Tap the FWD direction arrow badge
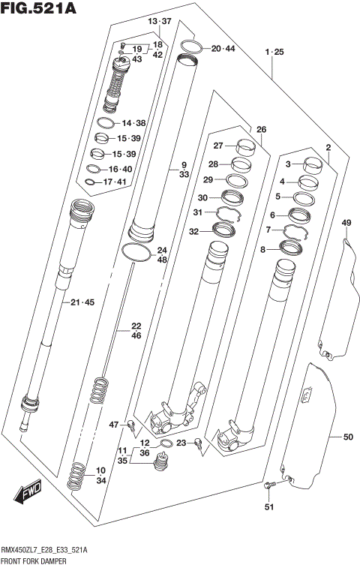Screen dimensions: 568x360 (28, 494)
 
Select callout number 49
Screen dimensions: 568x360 (346, 223)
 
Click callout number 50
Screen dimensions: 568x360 (347, 437)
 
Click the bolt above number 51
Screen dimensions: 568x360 (270, 487)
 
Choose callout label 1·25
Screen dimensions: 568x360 (274, 52)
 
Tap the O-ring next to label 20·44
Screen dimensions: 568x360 (190, 49)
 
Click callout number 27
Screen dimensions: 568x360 (217, 146)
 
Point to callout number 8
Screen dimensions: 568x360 (263, 249)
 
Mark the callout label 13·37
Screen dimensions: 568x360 (159, 20)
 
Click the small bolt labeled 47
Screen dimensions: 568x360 (131, 426)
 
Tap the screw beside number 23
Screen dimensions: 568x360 (197, 444)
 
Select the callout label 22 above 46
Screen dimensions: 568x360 (136, 326)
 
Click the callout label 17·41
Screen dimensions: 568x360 (118, 182)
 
